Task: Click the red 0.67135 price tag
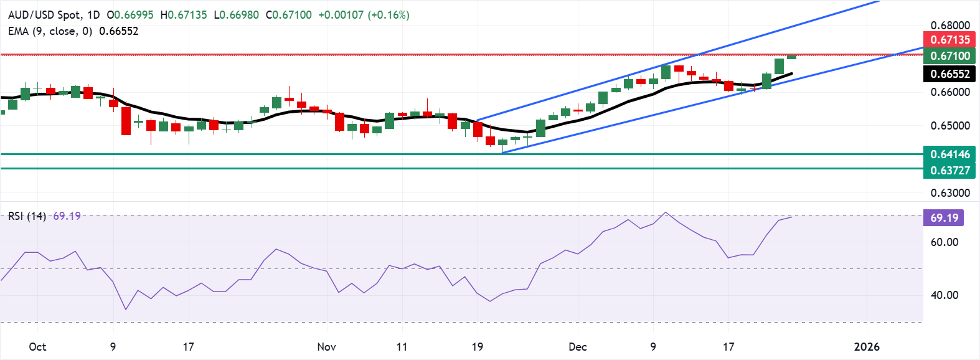[949, 39]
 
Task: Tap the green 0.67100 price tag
[949, 55]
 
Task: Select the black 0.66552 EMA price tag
[949, 74]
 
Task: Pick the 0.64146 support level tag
[949, 154]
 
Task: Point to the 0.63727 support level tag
[949, 170]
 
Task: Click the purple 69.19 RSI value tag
[944, 217]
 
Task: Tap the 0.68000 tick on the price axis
[949, 26]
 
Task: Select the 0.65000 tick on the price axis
[949, 125]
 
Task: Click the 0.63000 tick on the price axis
[949, 192]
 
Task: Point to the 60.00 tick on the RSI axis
[944, 242]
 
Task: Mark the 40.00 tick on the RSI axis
[944, 295]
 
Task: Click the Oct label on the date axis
[37, 347]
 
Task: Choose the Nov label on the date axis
[326, 347]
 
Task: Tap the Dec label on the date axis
[578, 347]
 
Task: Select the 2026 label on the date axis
[867, 347]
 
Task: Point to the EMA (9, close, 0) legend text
[50, 31]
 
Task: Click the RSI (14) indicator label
[27, 216]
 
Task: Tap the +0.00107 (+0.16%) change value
[364, 14]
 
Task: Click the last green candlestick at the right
[791, 57]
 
